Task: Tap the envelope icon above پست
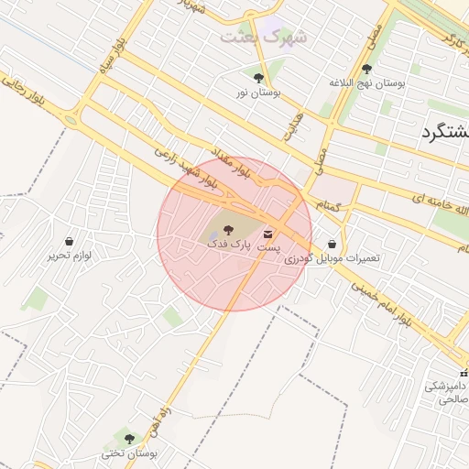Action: point(267,232)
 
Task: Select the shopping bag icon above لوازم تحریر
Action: point(70,241)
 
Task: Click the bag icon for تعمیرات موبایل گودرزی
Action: point(332,245)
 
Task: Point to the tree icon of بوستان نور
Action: point(258,78)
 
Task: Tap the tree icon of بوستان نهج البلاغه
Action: point(367,69)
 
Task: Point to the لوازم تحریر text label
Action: point(70,256)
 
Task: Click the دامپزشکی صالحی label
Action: point(447,392)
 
